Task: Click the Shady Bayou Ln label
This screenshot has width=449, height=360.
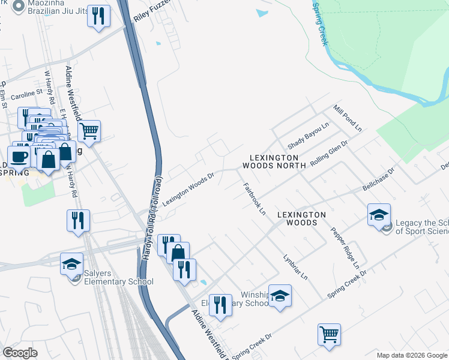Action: coord(309,137)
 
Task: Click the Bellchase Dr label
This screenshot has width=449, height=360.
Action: coord(378,180)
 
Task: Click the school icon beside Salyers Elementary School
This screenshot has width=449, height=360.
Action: coord(71,263)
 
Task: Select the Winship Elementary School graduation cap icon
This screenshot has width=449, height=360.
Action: coord(280,295)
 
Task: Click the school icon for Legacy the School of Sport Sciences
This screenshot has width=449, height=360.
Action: coord(379,214)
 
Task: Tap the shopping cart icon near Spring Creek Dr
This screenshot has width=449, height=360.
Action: coord(329,334)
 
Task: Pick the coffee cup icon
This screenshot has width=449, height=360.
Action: coord(19,157)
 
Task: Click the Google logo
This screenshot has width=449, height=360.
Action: coord(20,353)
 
